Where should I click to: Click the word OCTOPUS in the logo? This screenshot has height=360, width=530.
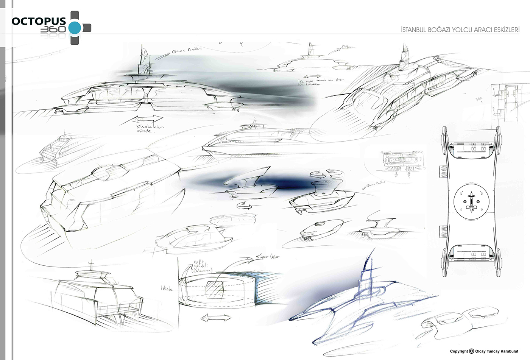click(39, 21)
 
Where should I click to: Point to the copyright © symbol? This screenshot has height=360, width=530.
click(471, 351)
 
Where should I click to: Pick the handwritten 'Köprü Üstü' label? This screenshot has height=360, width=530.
click(267, 257)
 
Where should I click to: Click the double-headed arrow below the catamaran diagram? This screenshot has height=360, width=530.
click(215, 318)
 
